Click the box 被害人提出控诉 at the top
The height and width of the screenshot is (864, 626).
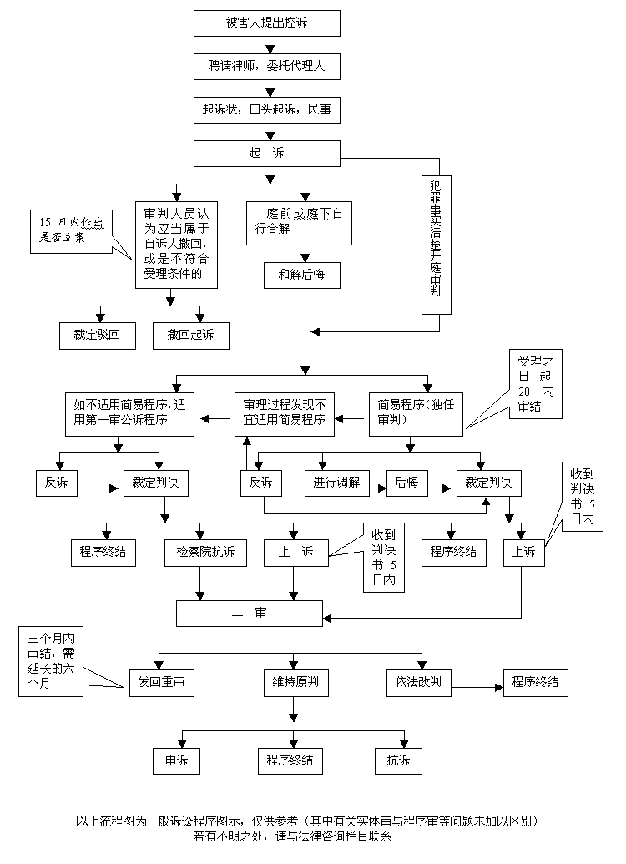(266, 23)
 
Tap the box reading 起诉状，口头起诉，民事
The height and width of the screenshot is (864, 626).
(266, 109)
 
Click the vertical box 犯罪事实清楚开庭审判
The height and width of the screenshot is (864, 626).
(436, 242)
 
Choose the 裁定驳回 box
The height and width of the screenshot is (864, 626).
(98, 336)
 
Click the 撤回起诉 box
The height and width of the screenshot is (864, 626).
(189, 336)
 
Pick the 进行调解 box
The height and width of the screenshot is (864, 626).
(341, 483)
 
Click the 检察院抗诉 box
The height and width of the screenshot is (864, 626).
(205, 553)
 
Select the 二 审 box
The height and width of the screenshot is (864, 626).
(249, 613)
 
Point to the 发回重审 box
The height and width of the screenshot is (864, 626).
(162, 683)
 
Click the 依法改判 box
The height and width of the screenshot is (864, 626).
(418, 683)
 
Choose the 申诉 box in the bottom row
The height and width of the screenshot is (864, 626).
(176, 760)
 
